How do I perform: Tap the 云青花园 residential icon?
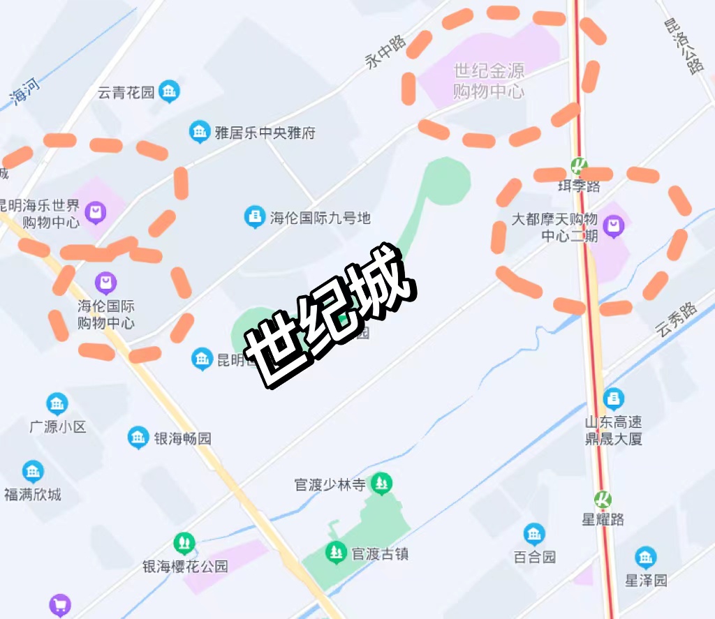click(x=169, y=91)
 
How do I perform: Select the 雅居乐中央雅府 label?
click(x=265, y=133)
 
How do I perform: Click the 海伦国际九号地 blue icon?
click(x=254, y=217)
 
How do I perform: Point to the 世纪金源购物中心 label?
click(x=488, y=81)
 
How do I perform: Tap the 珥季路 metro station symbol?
click(x=579, y=166)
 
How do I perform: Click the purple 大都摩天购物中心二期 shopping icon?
click(x=614, y=225)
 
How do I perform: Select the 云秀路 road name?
click(x=677, y=320)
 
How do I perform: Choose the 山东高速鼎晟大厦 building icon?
click(x=614, y=398)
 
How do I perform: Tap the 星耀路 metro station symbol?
click(x=603, y=500)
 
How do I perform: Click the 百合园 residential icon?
click(x=534, y=535)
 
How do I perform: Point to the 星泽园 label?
click(x=646, y=580)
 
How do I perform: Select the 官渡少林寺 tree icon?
click(x=381, y=482)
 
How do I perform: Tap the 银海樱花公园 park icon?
click(x=184, y=542)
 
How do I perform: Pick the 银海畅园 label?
click(x=182, y=439)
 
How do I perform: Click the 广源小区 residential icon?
click(x=57, y=403)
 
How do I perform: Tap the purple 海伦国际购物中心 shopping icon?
click(x=105, y=283)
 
